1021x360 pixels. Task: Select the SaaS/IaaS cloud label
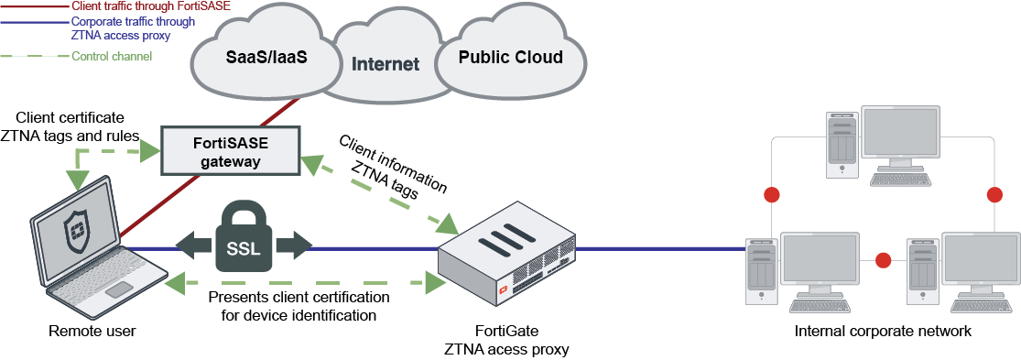click(266, 58)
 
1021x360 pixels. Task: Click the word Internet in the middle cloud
click(386, 64)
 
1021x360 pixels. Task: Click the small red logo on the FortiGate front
click(502, 293)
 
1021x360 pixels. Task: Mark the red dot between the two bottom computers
click(883, 261)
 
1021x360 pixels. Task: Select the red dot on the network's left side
click(771, 195)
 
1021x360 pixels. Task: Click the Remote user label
click(92, 331)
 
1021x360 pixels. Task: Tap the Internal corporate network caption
click(883, 331)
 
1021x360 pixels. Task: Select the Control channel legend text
click(111, 57)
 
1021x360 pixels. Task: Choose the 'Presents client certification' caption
click(299, 299)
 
